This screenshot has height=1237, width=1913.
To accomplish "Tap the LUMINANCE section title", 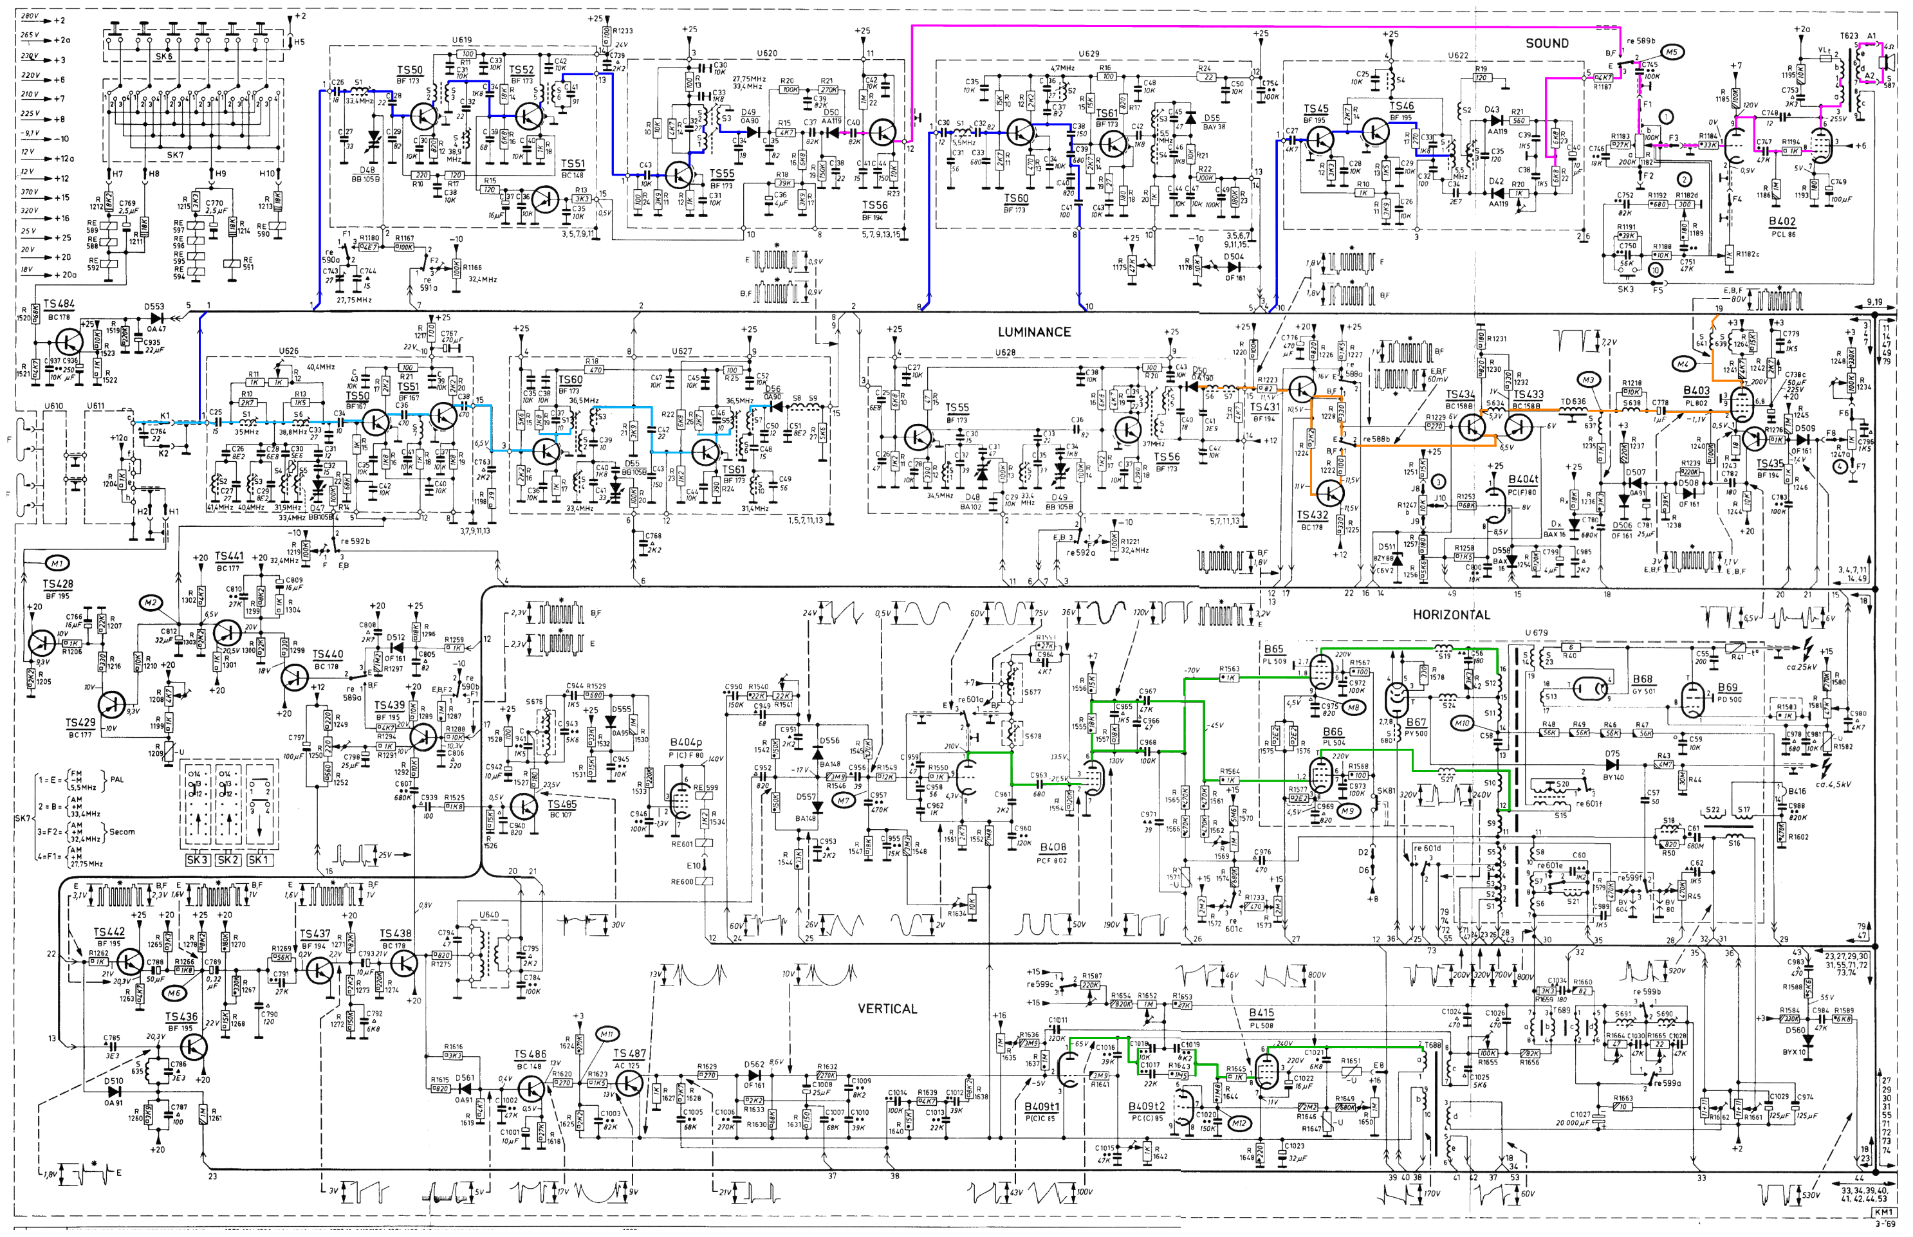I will pos(1033,332).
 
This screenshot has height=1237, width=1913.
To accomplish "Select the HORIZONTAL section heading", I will pos(1451,614).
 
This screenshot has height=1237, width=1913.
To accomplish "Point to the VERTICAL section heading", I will pos(887,1009).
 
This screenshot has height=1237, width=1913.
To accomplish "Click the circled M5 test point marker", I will pos(1672,52).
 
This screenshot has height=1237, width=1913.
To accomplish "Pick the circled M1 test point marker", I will pos(57,563).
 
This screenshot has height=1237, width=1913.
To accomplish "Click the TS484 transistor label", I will pos(59,304).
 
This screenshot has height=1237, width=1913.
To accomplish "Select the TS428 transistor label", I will pos(57,584).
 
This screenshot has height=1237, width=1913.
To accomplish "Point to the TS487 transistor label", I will pos(629,1053).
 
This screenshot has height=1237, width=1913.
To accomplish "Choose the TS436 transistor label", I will pos(181,1017).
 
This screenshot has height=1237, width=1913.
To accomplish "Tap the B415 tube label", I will pos(1261,1013).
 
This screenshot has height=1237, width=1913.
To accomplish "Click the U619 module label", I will pos(462,39).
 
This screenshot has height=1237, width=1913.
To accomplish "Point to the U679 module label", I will pos(1536,632).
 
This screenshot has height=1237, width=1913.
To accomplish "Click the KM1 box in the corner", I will pos(1883,1212).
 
